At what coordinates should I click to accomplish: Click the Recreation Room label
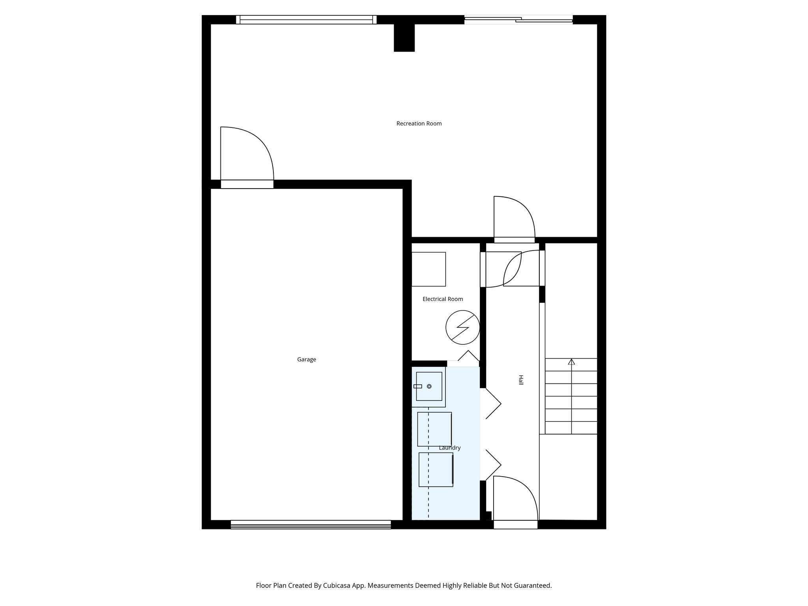(x=419, y=123)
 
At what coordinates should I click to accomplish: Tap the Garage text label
(x=307, y=359)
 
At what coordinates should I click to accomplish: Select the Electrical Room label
(x=443, y=299)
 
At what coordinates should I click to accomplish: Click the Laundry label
(x=450, y=448)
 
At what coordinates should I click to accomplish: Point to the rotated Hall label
(x=520, y=380)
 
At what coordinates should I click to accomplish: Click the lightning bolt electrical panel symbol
(x=462, y=327)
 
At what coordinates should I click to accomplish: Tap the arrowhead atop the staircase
(x=571, y=361)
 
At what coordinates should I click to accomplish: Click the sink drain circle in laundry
(x=429, y=386)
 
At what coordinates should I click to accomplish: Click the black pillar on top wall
(x=404, y=37)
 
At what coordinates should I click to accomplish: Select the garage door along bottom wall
(x=310, y=524)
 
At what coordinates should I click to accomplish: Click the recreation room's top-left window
(x=306, y=20)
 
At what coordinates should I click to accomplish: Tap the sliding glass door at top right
(x=518, y=19)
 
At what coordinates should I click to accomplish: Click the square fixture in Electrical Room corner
(x=428, y=269)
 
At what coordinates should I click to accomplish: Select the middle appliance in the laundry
(x=434, y=429)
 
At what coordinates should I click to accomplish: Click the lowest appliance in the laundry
(x=436, y=469)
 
